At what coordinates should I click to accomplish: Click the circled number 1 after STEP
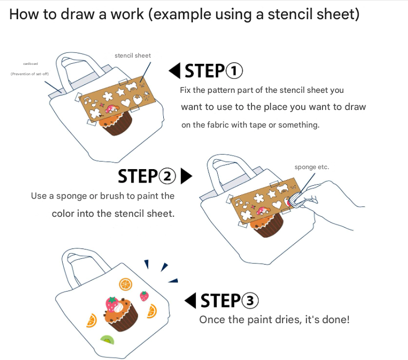click(x=234, y=71)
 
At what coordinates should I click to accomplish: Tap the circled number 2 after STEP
click(x=167, y=176)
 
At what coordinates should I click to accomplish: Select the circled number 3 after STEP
click(x=250, y=300)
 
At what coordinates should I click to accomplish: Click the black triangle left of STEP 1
click(x=174, y=71)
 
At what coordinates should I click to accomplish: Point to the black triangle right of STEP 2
click(x=186, y=176)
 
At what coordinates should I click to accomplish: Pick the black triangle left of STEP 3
click(x=190, y=300)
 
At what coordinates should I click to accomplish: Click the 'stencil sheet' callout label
click(x=133, y=56)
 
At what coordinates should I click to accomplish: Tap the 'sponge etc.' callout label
click(x=312, y=167)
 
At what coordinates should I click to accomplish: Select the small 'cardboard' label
click(x=31, y=63)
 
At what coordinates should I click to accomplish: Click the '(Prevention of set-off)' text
click(x=30, y=74)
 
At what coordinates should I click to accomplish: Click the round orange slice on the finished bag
click(x=125, y=284)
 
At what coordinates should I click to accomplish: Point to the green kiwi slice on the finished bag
click(x=107, y=339)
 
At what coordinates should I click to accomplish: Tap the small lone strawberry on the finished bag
click(x=145, y=296)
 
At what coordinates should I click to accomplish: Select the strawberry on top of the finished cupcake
click(x=111, y=304)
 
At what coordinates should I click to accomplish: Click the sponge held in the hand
click(x=296, y=200)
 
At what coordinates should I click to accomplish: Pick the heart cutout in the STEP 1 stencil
click(x=126, y=102)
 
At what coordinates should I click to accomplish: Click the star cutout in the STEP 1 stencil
click(x=120, y=92)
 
